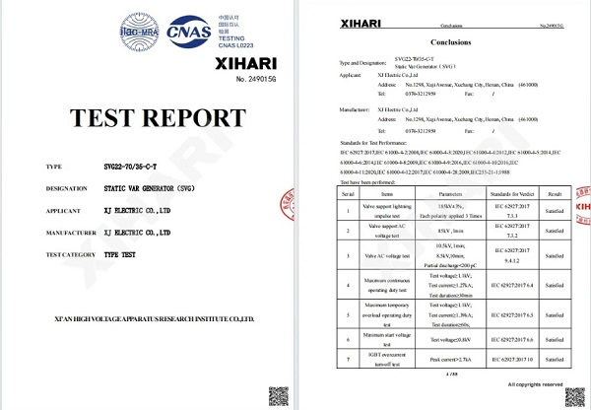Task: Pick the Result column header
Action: [x=557, y=197]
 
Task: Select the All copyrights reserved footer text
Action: [x=532, y=384]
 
